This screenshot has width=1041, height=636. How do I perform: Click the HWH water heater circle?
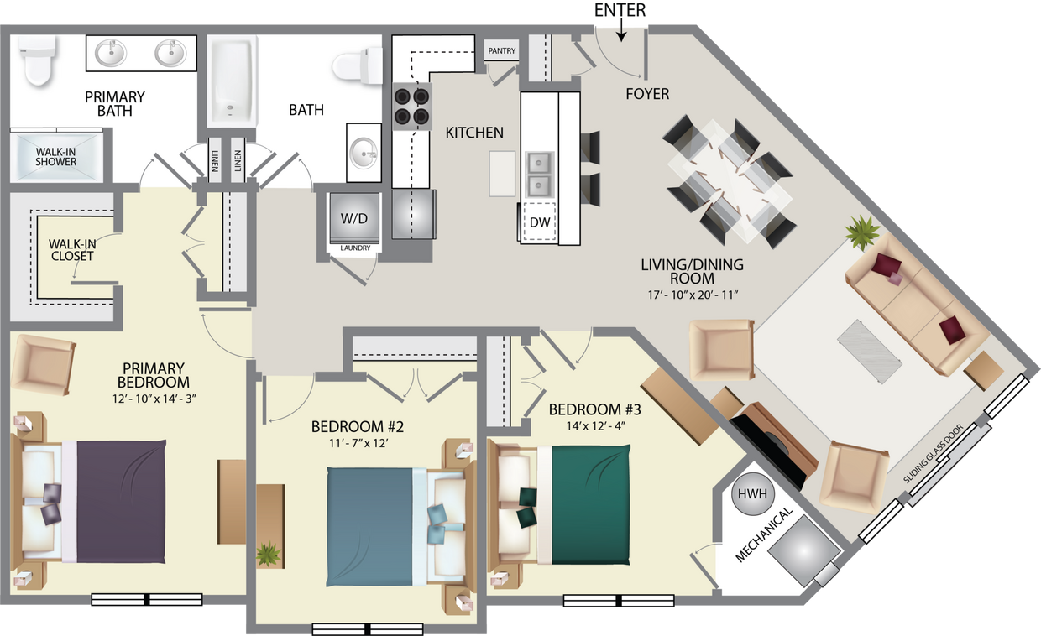click(x=753, y=494)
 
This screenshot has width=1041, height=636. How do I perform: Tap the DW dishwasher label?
click(x=538, y=222)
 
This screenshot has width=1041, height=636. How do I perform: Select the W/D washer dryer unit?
click(x=353, y=218)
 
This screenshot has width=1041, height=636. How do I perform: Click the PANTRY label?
click(x=502, y=51)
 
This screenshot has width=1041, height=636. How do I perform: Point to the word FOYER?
click(x=647, y=94)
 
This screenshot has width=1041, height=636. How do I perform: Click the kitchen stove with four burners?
click(x=411, y=107)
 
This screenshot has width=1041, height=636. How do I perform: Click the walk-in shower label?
click(x=56, y=157)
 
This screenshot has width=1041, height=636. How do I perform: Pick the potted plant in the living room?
click(x=862, y=232)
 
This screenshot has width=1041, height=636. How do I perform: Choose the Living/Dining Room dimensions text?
click(x=691, y=295)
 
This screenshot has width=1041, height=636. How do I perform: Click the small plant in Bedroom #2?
click(x=269, y=553)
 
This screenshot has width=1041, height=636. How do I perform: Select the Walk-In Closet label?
click(x=72, y=250)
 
